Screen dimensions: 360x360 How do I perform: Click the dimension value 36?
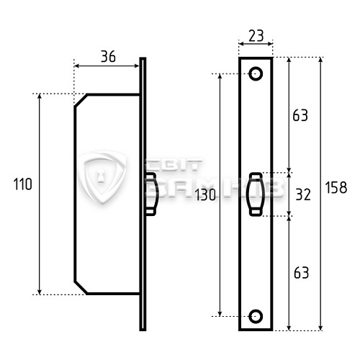[108, 57]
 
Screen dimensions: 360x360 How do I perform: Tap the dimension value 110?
[22, 184]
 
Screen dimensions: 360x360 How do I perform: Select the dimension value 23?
[256, 36]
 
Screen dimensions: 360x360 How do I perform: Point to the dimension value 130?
[205, 194]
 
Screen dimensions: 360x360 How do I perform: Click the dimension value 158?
[336, 187]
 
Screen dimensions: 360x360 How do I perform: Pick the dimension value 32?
[303, 194]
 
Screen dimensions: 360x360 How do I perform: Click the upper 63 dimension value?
[300, 115]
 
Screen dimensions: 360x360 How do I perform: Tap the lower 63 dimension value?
[302, 273]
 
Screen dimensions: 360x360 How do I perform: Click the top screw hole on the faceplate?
[256, 73]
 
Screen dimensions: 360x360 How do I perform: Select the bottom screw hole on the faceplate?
[256, 316]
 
